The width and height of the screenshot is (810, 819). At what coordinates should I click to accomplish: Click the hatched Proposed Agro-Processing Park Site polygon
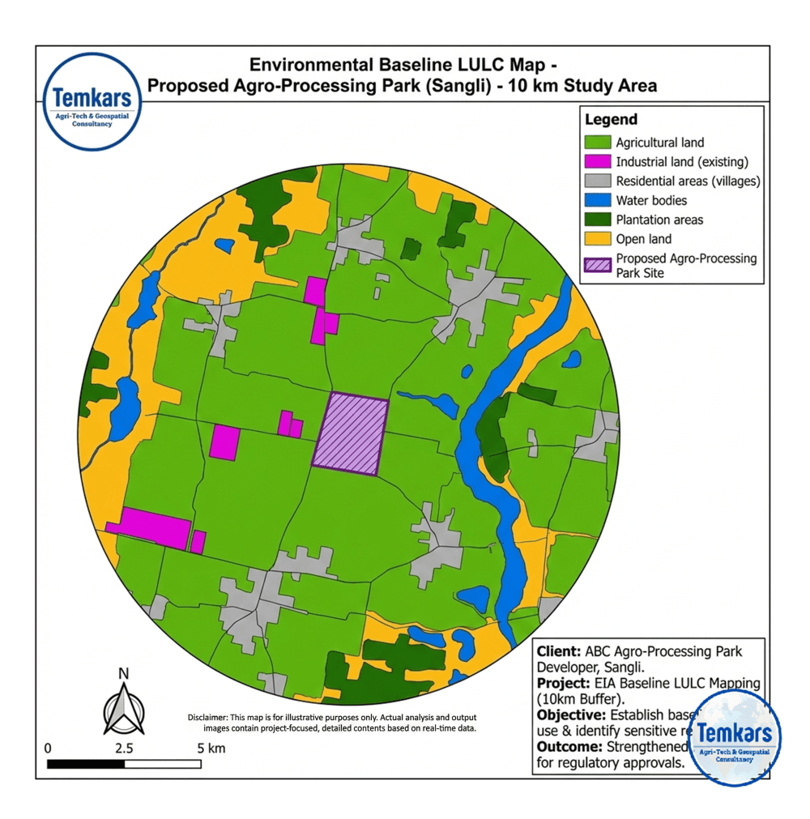[x=351, y=434]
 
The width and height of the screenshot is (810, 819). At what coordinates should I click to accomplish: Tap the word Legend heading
[x=611, y=119]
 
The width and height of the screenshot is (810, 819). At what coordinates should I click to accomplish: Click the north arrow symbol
[x=124, y=707]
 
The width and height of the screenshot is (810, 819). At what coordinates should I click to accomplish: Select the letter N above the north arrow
[x=124, y=672]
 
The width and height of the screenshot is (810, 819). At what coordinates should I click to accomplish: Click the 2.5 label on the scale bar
[x=124, y=748]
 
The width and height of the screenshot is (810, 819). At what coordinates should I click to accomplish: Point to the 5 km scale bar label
[x=211, y=748]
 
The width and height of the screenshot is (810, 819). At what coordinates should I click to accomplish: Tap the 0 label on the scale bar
[x=48, y=748]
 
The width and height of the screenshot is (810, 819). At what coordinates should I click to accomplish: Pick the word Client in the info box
[x=557, y=651]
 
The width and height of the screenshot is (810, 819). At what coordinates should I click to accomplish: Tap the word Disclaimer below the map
[x=208, y=718]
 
